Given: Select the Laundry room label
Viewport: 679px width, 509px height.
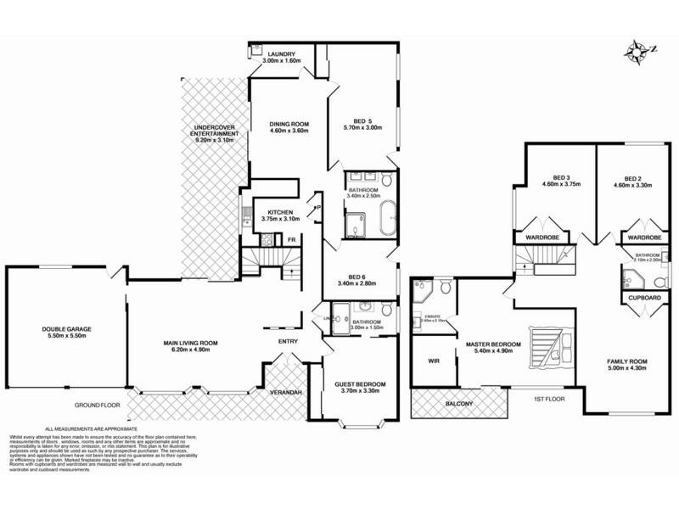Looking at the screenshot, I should pyautogui.click(x=278, y=59).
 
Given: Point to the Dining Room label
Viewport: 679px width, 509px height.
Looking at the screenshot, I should pyautogui.click(x=289, y=128).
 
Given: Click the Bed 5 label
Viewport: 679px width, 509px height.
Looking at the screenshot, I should pyautogui.click(x=363, y=125).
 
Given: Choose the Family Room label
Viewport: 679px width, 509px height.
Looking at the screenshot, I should pyautogui.click(x=627, y=366).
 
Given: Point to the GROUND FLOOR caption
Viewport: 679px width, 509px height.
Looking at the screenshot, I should pyautogui.click(x=95, y=406).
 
